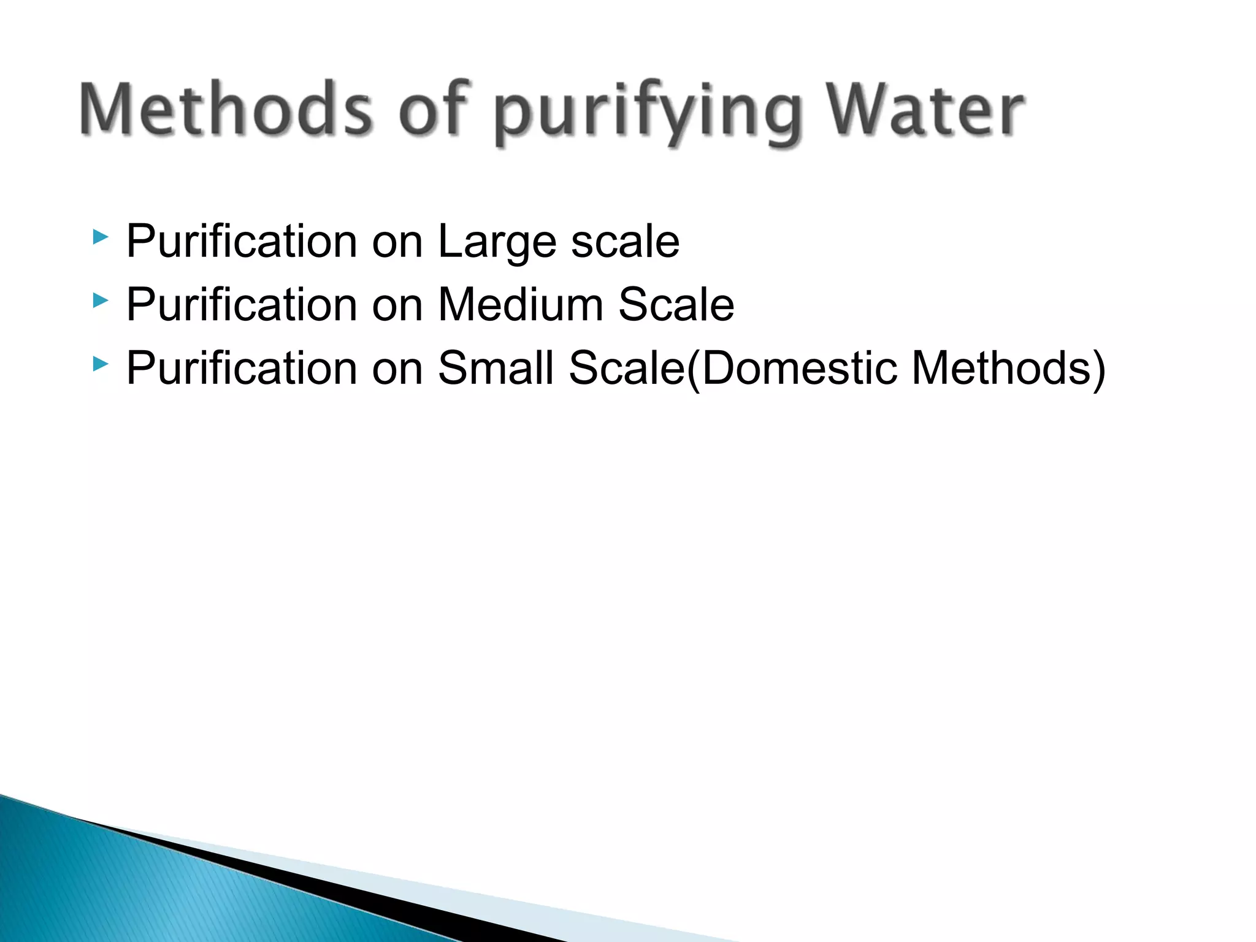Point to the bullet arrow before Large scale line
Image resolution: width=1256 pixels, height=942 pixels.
[x=100, y=237]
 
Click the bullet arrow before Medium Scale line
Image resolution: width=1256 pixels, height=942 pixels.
[x=100, y=301]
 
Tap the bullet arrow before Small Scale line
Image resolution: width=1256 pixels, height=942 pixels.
[x=100, y=364]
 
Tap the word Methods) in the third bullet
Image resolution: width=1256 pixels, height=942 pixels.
[x=1008, y=368]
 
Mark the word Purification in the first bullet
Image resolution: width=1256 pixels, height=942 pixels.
[x=242, y=242]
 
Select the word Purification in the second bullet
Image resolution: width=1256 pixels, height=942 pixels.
[x=242, y=305]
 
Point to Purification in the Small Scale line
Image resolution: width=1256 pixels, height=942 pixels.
[x=242, y=368]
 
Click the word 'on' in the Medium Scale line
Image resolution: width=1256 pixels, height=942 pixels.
[x=397, y=305]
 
